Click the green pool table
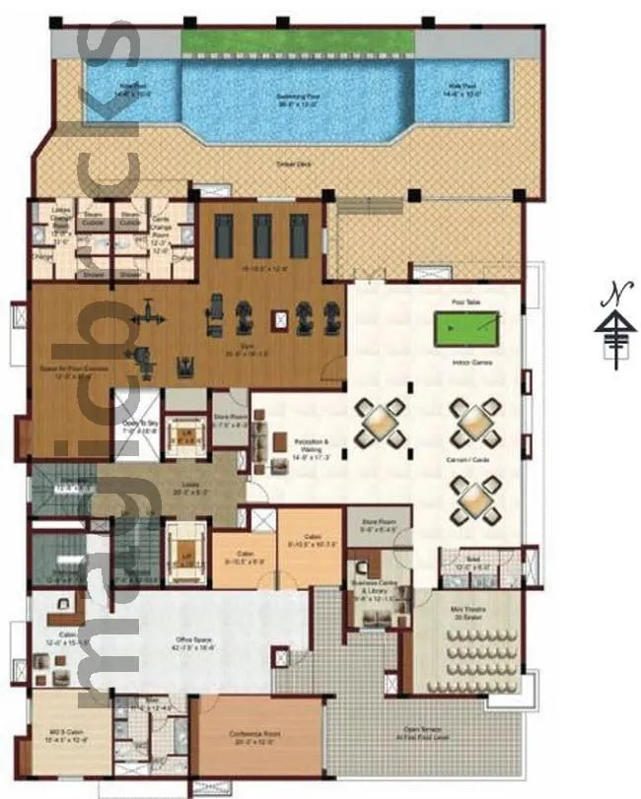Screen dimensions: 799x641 coord(466,325)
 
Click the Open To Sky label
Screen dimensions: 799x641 coord(139,425)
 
